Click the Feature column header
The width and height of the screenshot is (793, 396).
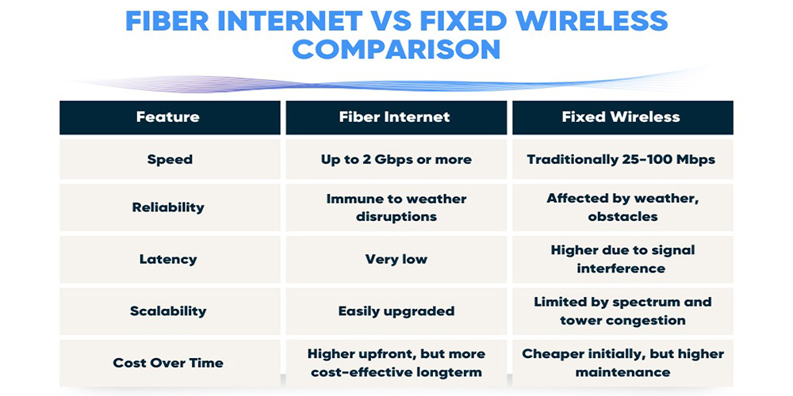[168, 117]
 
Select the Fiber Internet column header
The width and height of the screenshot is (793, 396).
[394, 117]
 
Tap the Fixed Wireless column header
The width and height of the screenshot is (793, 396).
[621, 117]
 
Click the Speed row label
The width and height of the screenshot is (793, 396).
[170, 160]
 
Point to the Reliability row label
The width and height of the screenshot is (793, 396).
[168, 208]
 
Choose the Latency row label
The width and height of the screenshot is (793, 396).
[168, 260]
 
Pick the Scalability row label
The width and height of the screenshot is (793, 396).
[168, 310]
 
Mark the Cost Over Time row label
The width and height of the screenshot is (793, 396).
[168, 363]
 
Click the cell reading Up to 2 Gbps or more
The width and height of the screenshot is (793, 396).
[396, 160]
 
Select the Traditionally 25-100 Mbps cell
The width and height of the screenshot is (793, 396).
[621, 160]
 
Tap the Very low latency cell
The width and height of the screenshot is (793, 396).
[396, 260]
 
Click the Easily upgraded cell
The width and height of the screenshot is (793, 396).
[396, 311]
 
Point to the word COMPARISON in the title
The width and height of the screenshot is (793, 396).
[396, 49]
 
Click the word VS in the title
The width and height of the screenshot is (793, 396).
[392, 21]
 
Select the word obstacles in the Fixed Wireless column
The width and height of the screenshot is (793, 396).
[623, 217]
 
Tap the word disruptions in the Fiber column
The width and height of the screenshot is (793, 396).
[396, 217]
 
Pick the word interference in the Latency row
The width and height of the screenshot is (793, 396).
[621, 268]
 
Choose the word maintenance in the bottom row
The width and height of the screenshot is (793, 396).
[623, 373]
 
